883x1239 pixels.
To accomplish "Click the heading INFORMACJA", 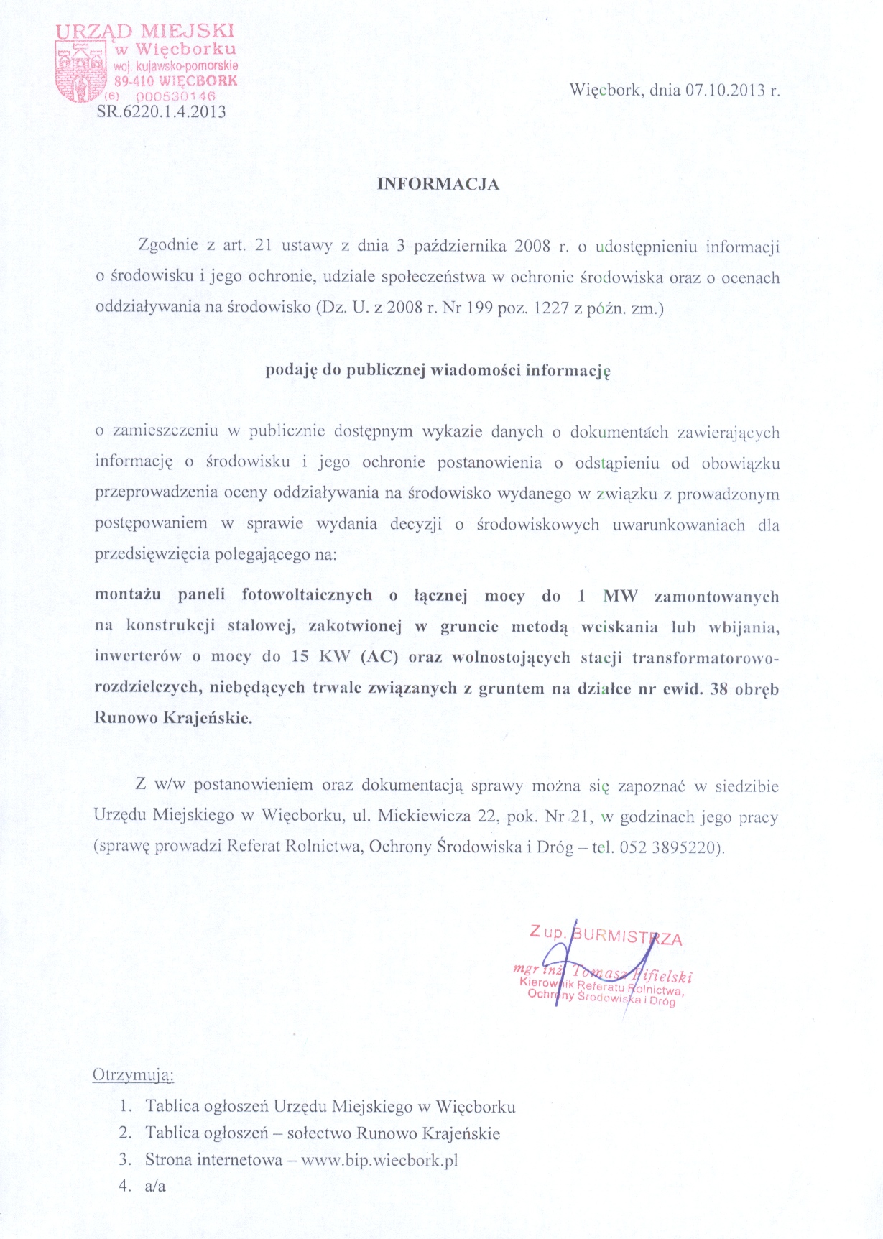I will coord(438,183).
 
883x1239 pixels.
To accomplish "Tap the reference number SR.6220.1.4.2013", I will coord(161,111).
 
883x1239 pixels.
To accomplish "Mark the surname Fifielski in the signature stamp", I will coord(666,976).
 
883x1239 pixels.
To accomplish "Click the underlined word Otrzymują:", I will coord(134,1075).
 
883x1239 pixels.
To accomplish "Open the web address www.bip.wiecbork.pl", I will coord(379,1159).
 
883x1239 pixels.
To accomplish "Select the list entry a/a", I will coord(155,1186).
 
